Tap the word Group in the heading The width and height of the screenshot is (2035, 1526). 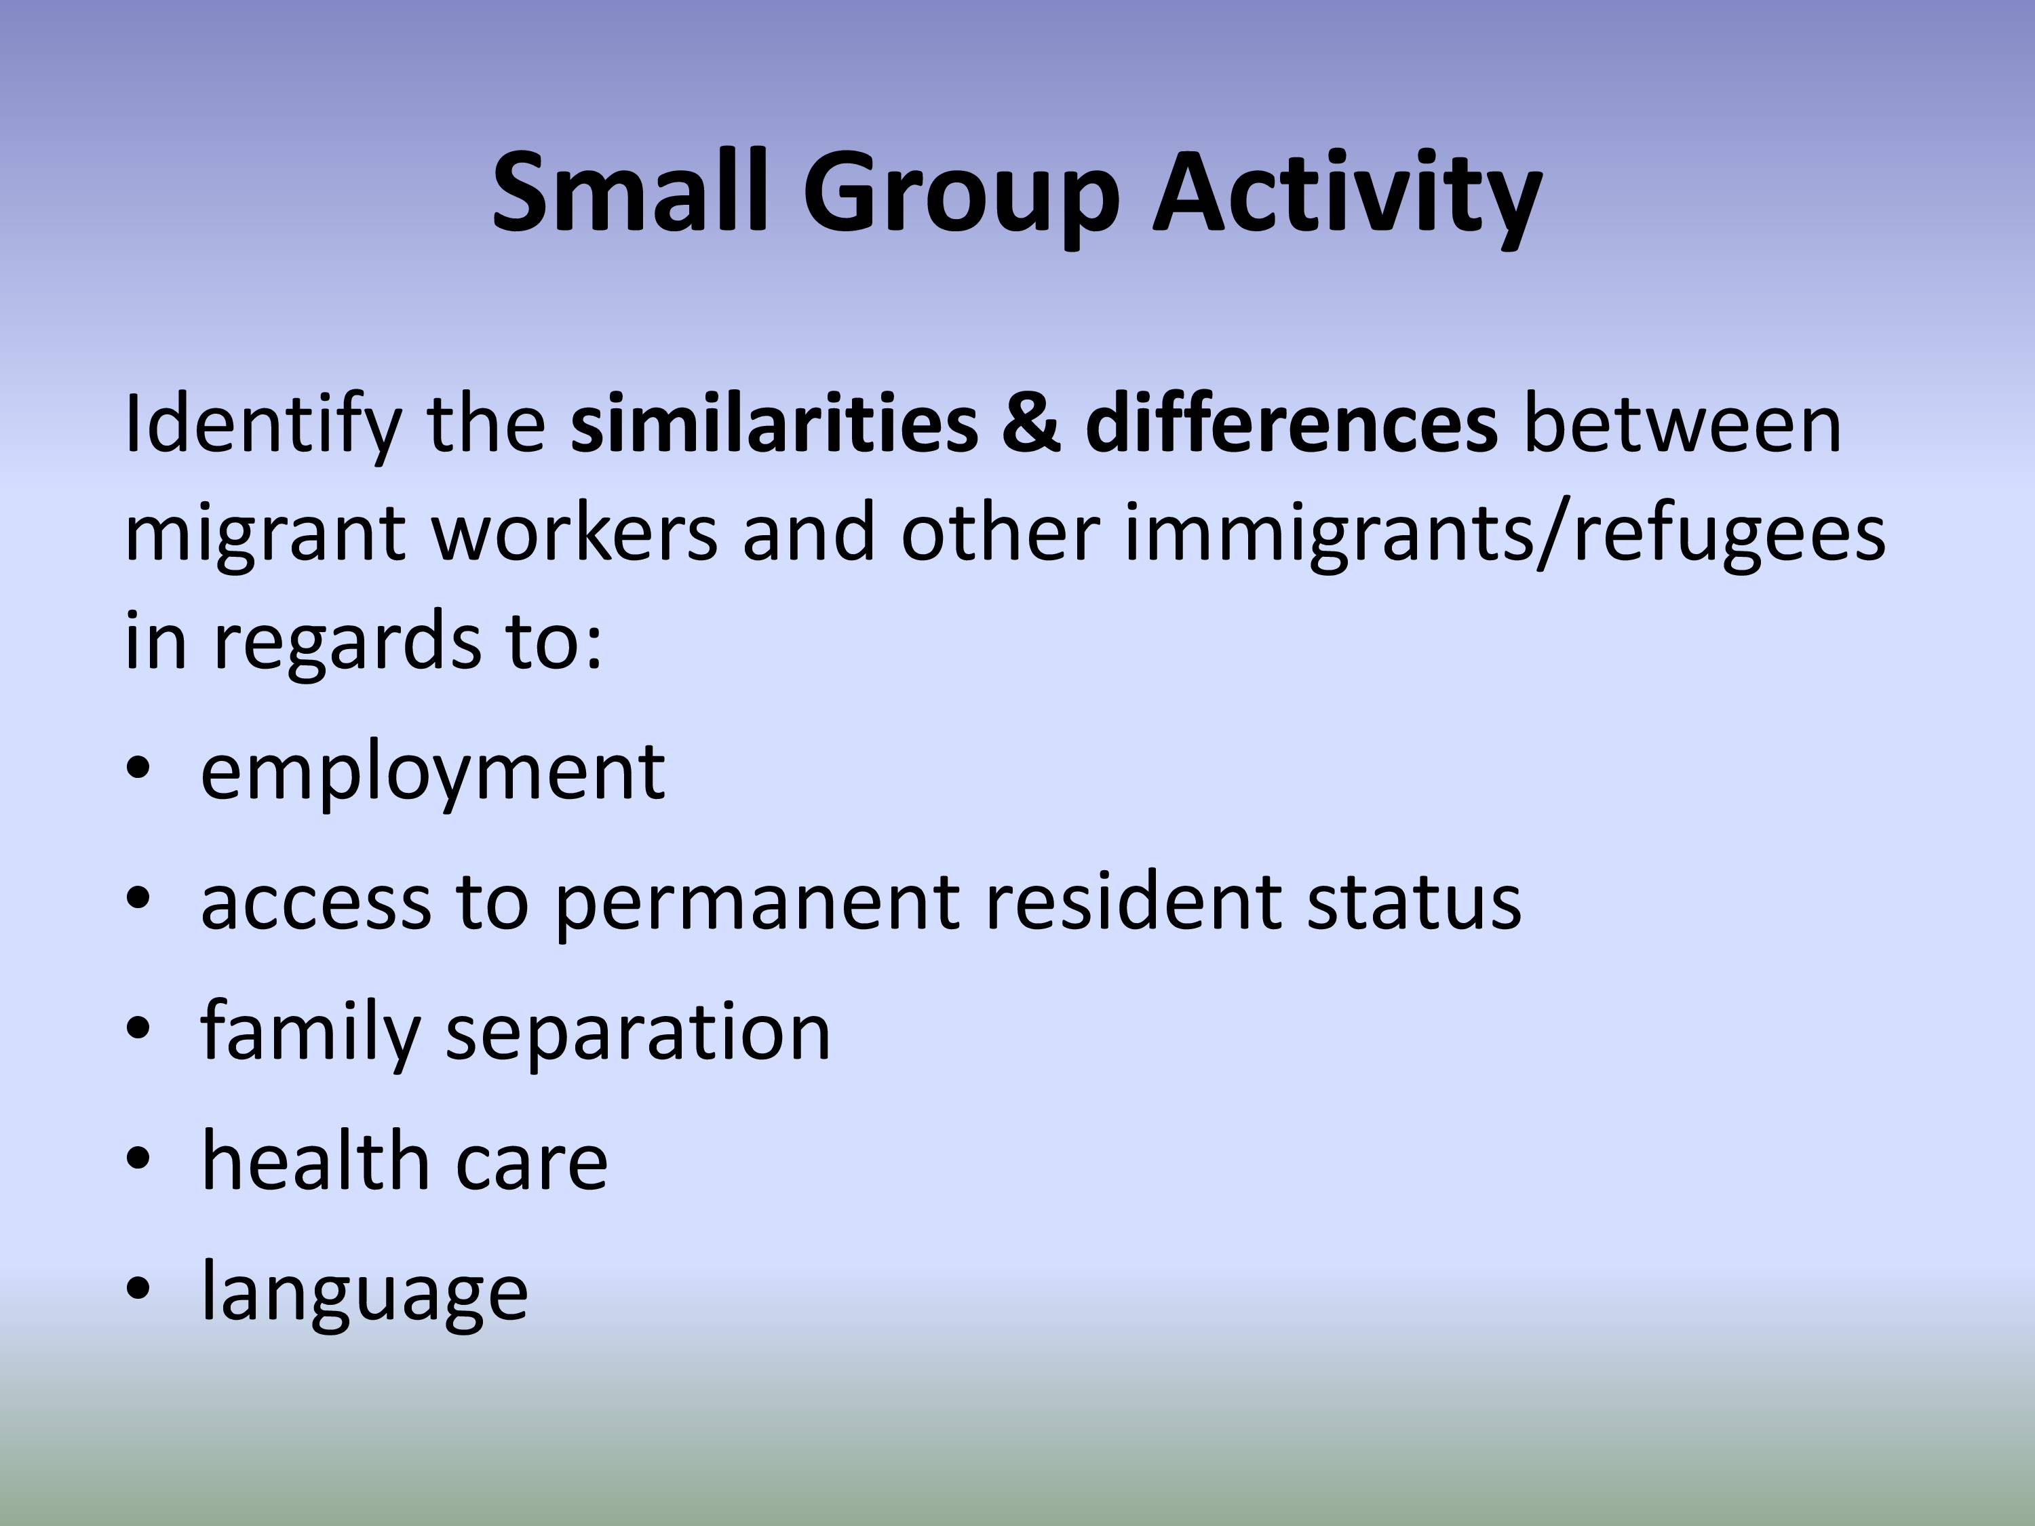961,199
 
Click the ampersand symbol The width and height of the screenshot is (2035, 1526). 1031,424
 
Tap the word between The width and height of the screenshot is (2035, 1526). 1683,423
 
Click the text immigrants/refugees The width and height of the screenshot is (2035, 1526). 1505,534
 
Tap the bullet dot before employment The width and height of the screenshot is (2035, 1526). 137,770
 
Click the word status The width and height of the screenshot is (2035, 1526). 1414,901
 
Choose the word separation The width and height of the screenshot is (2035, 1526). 638,1033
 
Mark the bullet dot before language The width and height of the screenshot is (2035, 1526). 137,1289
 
